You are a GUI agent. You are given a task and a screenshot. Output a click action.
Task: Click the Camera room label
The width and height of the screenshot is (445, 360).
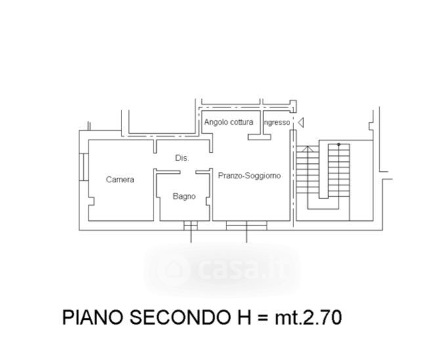pyautogui.click(x=120, y=180)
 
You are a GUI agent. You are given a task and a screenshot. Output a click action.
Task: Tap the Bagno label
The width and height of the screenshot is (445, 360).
pyautogui.click(x=184, y=196)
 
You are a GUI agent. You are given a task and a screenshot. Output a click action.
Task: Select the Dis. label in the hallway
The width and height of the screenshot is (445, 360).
pyautogui.click(x=182, y=158)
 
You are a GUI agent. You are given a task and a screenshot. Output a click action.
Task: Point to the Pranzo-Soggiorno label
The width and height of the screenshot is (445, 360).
pyautogui.click(x=249, y=176)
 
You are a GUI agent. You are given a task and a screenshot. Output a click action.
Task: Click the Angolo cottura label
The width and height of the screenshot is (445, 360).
pyautogui.click(x=228, y=123)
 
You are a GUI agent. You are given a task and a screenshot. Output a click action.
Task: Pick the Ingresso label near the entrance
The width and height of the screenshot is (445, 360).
pyautogui.click(x=276, y=123)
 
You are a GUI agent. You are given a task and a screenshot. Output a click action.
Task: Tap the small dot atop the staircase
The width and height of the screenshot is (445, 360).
pyautogui.click(x=339, y=144)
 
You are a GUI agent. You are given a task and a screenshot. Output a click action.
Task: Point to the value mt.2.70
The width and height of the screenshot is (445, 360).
pyautogui.click(x=308, y=318)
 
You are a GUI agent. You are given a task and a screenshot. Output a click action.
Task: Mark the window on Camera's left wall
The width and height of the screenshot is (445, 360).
pyautogui.click(x=85, y=167)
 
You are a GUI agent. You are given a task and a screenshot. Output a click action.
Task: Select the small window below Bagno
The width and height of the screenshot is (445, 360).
pyautogui.click(x=190, y=226)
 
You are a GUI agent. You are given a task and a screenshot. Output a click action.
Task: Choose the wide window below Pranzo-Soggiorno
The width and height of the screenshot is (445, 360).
pyautogui.click(x=246, y=226)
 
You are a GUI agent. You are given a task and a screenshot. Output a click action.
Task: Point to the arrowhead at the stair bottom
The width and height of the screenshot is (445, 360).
pyautogui.click(x=304, y=150)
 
